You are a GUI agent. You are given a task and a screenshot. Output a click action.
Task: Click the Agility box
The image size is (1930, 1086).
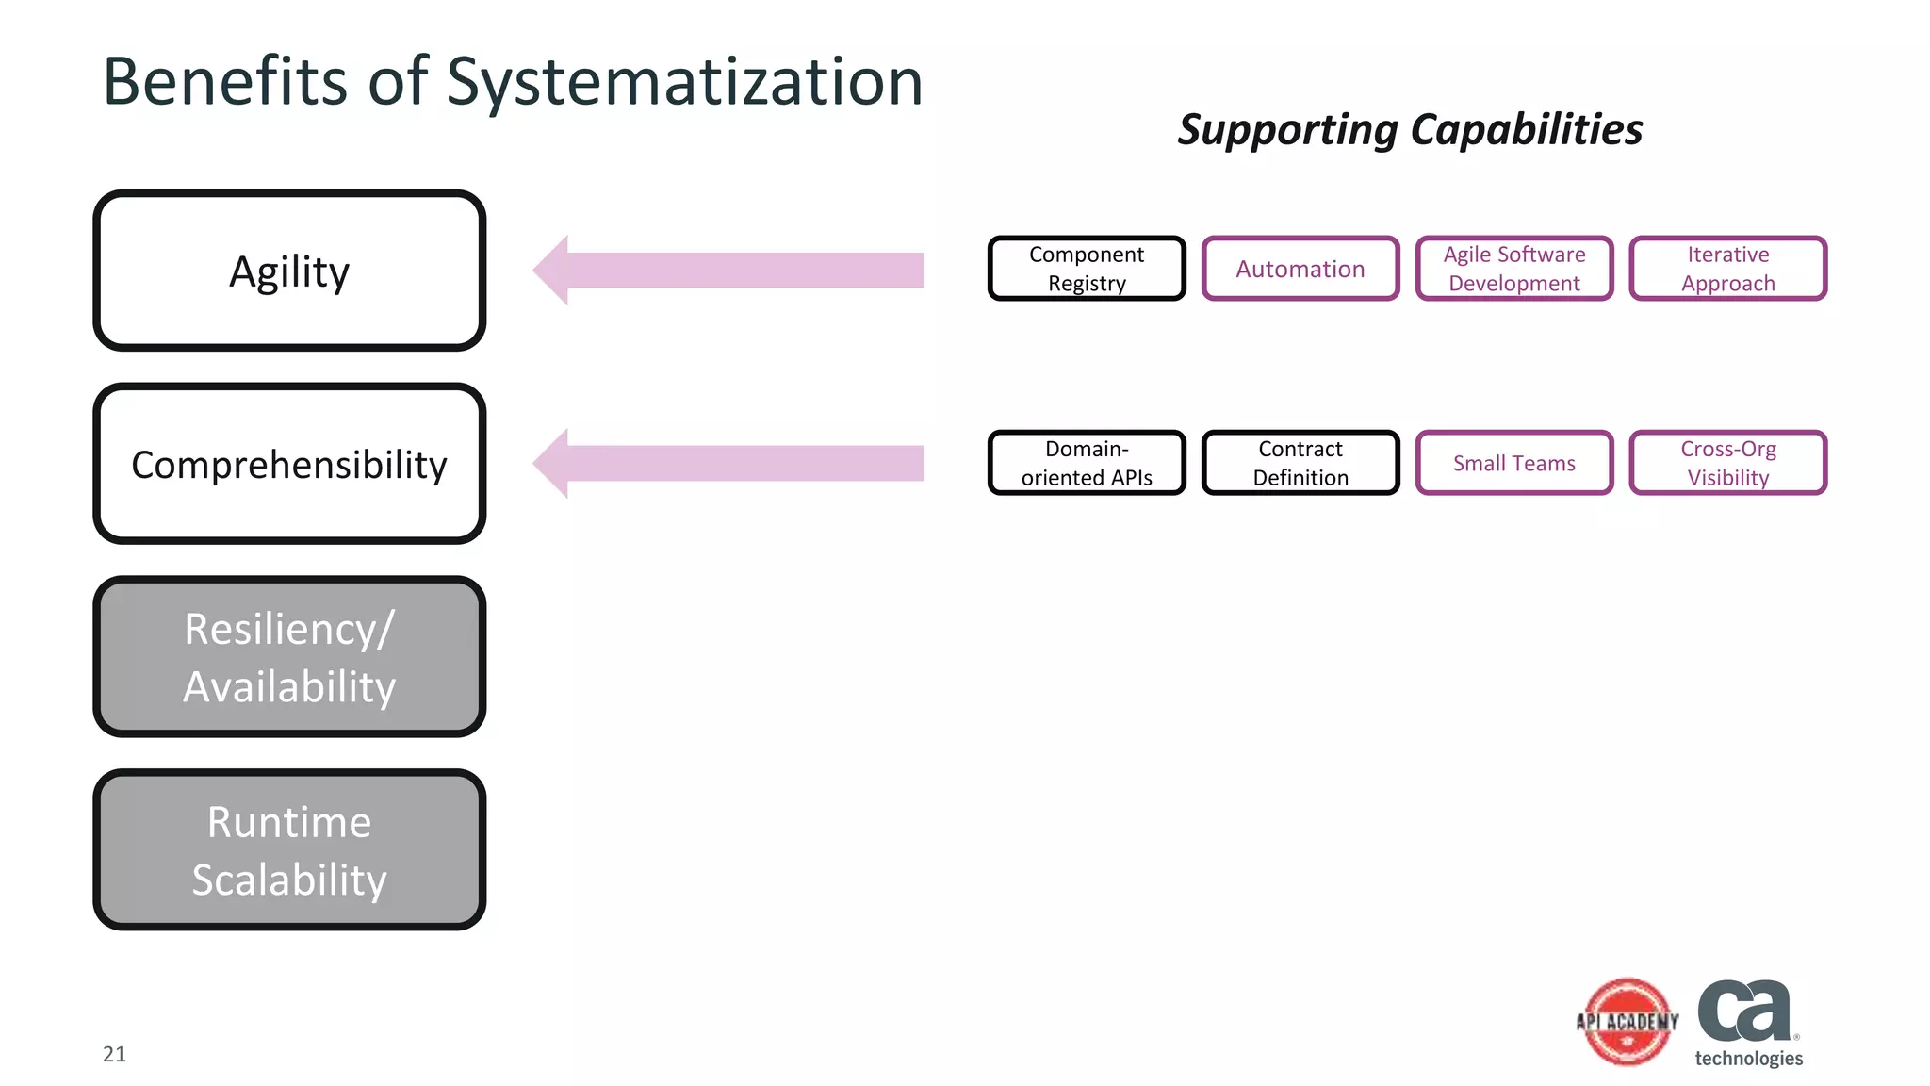pos(289,271)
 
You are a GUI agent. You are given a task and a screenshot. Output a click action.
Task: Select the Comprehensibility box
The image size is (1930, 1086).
pos(289,464)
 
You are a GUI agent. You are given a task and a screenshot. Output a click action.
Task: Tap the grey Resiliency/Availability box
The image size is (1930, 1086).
pos(289,657)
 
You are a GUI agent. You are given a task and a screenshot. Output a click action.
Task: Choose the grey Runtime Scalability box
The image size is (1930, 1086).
pos(289,850)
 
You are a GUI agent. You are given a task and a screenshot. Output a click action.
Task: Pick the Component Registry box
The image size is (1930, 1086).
pos(1087,269)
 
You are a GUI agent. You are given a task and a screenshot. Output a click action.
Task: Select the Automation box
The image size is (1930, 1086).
pos(1300,269)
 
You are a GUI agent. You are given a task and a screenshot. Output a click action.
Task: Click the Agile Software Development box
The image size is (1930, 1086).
pos(1514,269)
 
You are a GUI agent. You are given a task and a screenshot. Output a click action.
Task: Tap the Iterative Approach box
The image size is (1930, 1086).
pos(1728,269)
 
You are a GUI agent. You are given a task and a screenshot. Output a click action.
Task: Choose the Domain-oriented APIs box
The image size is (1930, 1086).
pos(1087,463)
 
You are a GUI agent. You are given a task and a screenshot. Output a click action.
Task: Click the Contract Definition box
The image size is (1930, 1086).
pos(1300,463)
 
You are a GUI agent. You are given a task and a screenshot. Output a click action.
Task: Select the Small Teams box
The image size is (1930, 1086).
pos(1514,463)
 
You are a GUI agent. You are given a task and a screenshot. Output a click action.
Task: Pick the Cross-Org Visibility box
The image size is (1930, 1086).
pos(1728,463)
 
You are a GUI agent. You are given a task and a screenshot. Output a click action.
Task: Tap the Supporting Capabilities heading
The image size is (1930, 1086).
pos(1410,129)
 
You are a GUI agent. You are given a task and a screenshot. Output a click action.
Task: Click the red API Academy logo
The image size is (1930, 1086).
pos(1627,1022)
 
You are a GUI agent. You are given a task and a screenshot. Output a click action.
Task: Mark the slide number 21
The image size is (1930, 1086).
pos(114,1054)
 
